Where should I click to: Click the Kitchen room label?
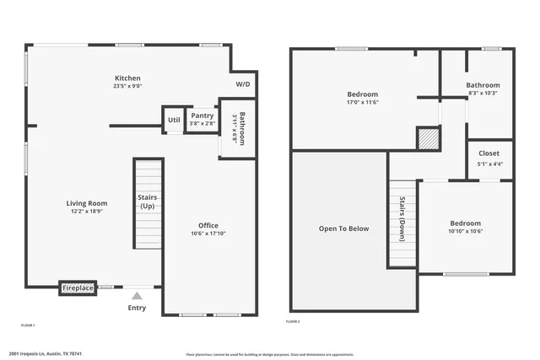pyautogui.click(x=127, y=78)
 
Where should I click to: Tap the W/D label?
pyautogui.click(x=243, y=84)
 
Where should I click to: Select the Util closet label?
pyautogui.click(x=174, y=120)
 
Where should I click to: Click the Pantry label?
pyautogui.click(x=202, y=116)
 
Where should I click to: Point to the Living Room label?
pyautogui.click(x=87, y=202)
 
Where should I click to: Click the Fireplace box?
pyautogui.click(x=78, y=288)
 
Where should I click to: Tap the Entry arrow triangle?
pyautogui.click(x=137, y=295)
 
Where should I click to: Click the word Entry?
pyautogui.click(x=137, y=308)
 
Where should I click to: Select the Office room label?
pyautogui.click(x=208, y=225)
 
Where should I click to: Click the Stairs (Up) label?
pyautogui.click(x=147, y=202)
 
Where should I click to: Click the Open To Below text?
pyautogui.click(x=343, y=228)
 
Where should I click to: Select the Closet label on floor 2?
pyautogui.click(x=489, y=153)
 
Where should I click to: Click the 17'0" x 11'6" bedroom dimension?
pyautogui.click(x=362, y=103)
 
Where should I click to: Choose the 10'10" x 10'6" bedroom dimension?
pyautogui.click(x=466, y=231)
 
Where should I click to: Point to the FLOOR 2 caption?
pyautogui.click(x=293, y=322)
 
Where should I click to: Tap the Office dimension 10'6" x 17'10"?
pyautogui.click(x=208, y=234)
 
